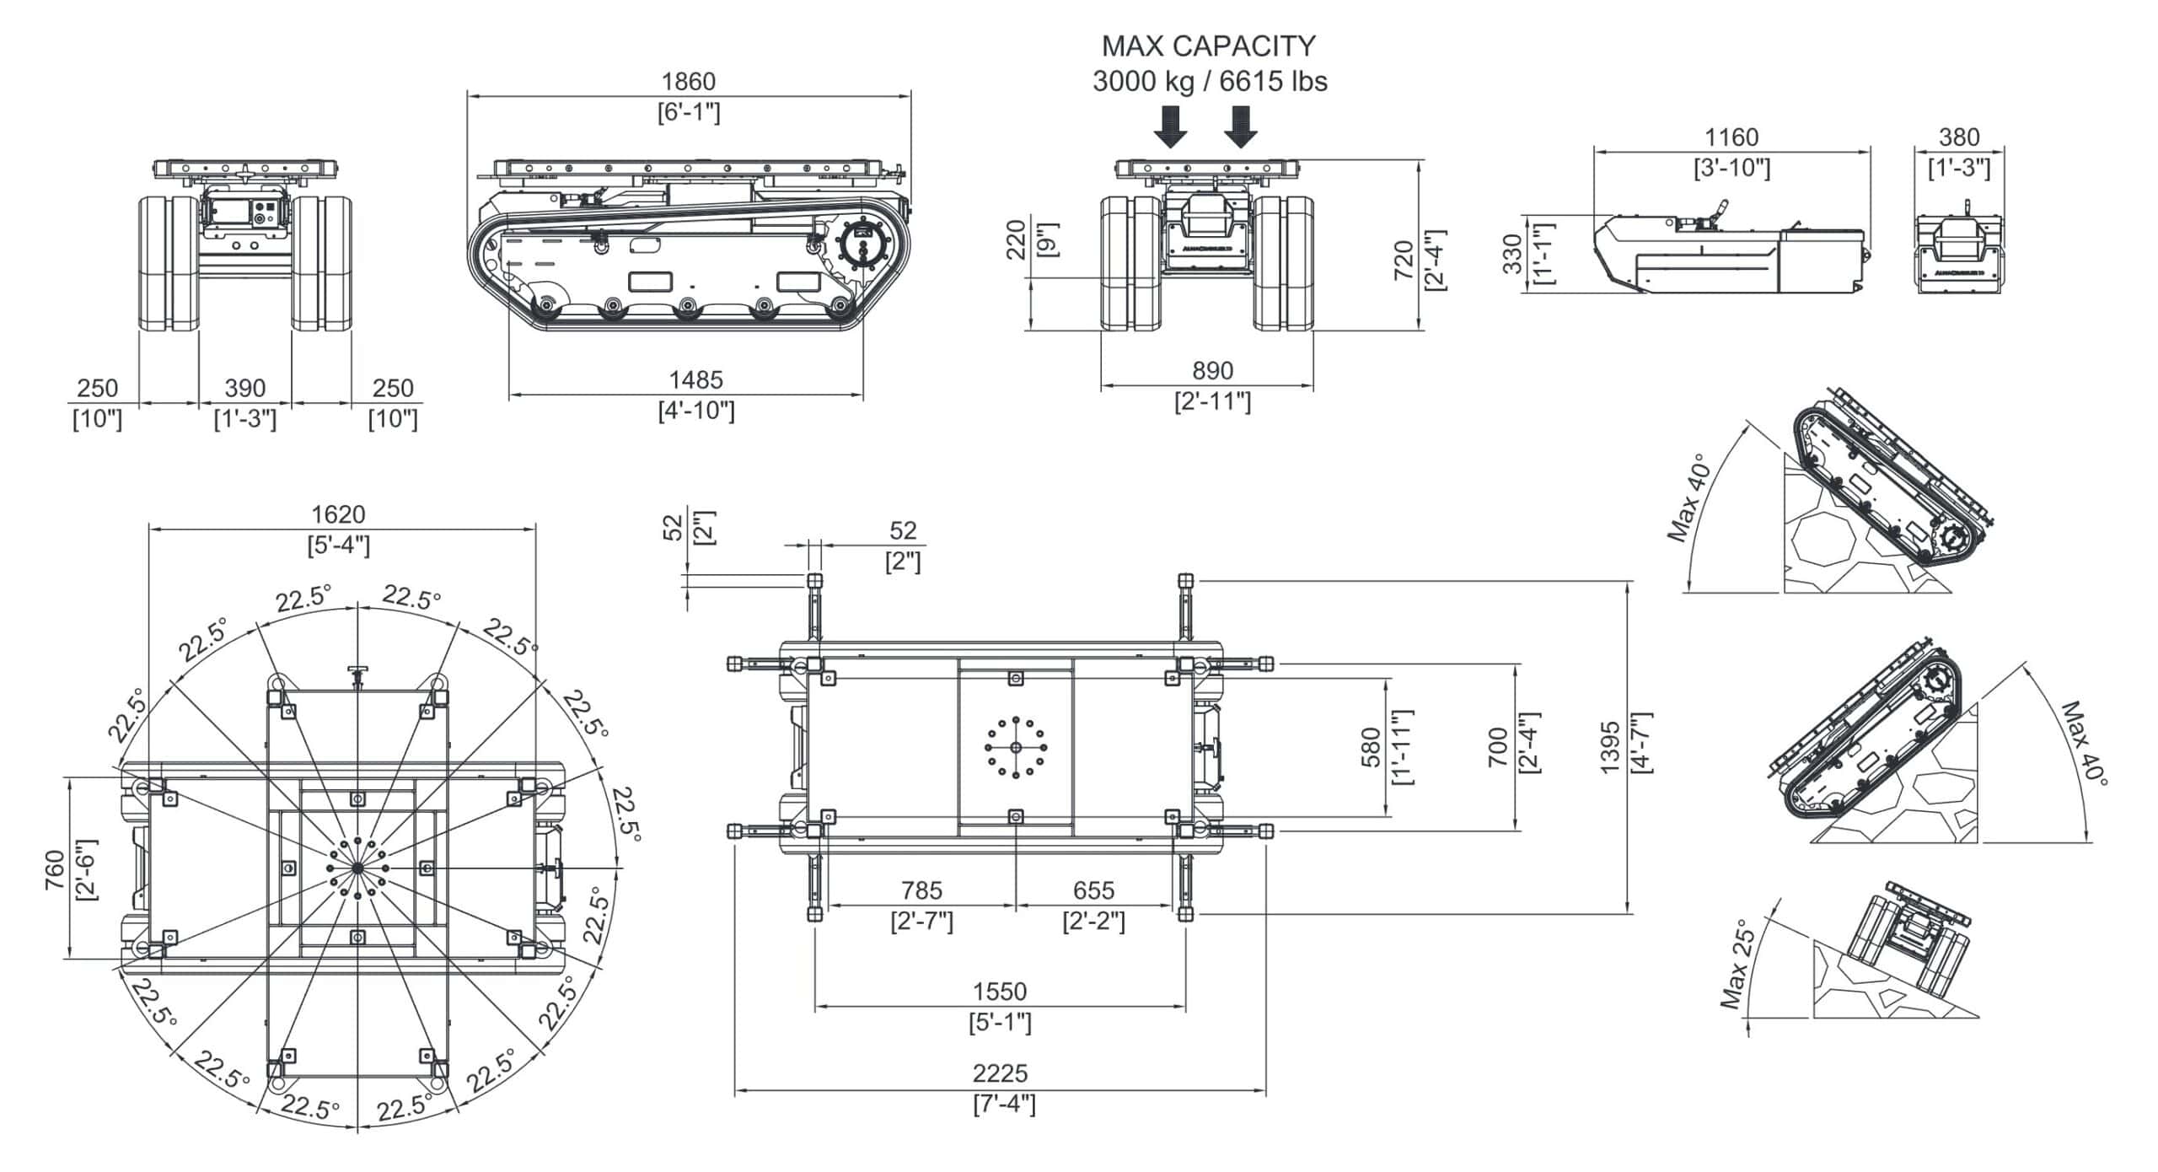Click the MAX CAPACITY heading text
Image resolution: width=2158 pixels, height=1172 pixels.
pyautogui.click(x=1209, y=46)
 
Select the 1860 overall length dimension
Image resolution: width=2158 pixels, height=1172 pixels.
pyautogui.click(x=689, y=82)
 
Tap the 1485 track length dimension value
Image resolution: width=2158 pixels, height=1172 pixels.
pyautogui.click(x=695, y=380)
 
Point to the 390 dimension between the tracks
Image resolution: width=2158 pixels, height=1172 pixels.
pyautogui.click(x=245, y=389)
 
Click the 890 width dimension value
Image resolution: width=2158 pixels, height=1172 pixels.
pyautogui.click(x=1212, y=371)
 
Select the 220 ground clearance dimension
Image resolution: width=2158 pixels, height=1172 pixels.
pyautogui.click(x=1017, y=239)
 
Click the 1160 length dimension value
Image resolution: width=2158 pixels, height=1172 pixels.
pyautogui.click(x=1731, y=137)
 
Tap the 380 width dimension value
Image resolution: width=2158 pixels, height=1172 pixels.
pyautogui.click(x=1959, y=137)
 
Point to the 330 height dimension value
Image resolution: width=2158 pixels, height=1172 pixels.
pyautogui.click(x=1514, y=254)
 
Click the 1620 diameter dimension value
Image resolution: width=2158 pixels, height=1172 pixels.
pyautogui.click(x=338, y=514)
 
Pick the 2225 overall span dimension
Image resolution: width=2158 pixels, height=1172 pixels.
pyautogui.click(x=1001, y=1073)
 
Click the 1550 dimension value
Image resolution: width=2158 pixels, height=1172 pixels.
pyautogui.click(x=1000, y=991)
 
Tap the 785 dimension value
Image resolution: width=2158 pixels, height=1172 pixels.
pyautogui.click(x=921, y=890)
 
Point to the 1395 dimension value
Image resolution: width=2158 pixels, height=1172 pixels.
pyautogui.click(x=1610, y=746)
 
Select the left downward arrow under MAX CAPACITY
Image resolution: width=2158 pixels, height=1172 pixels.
pyautogui.click(x=1170, y=126)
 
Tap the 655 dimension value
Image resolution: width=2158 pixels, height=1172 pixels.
pyautogui.click(x=1093, y=890)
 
